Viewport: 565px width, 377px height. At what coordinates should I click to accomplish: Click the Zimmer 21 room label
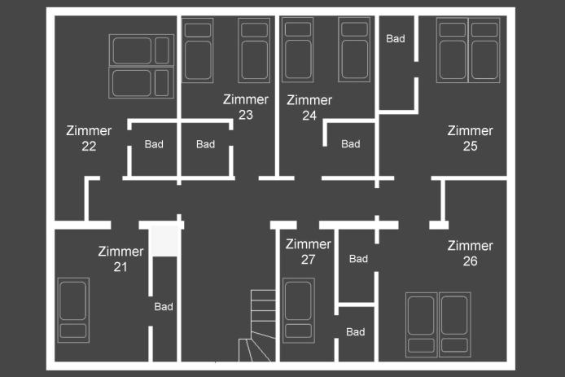point(120,259)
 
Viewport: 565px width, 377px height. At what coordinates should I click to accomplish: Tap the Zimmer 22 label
point(89,138)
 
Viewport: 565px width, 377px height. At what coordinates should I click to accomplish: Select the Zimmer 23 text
point(246,107)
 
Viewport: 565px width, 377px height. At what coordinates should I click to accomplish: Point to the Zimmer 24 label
point(309,107)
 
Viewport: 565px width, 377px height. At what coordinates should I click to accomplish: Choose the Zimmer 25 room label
point(471,138)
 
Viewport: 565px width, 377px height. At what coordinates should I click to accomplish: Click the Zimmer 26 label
point(471,253)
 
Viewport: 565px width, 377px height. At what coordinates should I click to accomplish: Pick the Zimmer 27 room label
point(309,252)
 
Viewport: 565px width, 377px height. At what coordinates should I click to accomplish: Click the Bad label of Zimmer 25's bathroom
point(396,38)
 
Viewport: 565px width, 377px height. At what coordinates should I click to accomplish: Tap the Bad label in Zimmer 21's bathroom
point(164,307)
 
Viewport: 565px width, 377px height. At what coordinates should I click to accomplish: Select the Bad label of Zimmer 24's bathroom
point(351,144)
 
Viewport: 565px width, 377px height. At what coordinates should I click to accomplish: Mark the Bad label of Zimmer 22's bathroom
point(154,144)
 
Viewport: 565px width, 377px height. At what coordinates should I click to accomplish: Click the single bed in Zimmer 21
point(73,310)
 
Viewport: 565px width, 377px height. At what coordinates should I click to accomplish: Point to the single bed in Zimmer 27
point(299,310)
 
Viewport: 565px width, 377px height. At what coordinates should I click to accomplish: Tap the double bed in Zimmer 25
point(468,50)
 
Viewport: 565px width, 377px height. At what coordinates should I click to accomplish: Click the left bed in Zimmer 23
point(198,50)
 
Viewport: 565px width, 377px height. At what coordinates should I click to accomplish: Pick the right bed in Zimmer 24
point(354,50)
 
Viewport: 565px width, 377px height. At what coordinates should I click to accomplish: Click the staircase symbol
point(257,326)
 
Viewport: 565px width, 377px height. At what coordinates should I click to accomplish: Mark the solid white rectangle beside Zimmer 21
point(164,241)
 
